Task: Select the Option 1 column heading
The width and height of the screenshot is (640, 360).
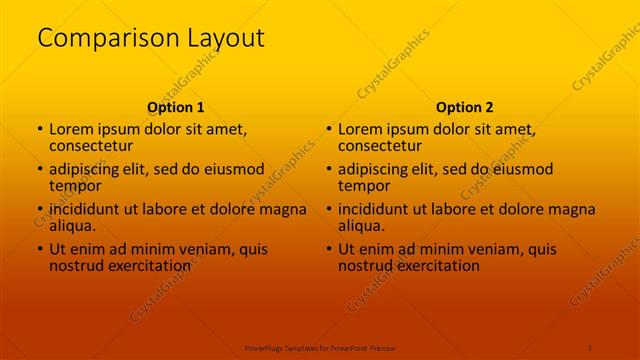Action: point(176,107)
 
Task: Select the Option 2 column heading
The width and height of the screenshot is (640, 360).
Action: point(465,107)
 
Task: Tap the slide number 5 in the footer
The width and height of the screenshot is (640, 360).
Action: point(591,346)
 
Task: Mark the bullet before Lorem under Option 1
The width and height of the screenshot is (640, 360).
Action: point(40,130)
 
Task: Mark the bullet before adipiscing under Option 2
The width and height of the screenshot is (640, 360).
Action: point(329,170)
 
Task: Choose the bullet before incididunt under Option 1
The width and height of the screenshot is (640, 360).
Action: point(40,210)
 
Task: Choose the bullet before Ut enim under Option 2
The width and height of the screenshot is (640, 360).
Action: point(329,250)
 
